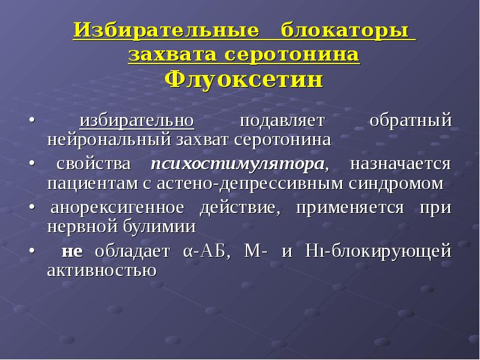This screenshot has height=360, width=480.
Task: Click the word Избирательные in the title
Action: [x=166, y=31]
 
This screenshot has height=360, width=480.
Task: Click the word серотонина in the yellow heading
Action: [x=292, y=56]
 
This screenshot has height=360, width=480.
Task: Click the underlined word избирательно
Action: [x=137, y=120]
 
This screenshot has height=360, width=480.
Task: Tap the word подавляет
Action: [x=281, y=121]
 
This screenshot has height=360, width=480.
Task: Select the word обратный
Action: [x=410, y=120]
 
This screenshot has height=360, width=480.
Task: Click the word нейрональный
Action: [x=109, y=140]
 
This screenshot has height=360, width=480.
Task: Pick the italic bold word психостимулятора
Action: [x=238, y=164]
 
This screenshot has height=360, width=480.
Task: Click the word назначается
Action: [x=400, y=164]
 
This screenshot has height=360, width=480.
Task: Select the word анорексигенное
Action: [x=117, y=208]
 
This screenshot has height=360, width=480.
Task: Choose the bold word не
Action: [x=72, y=251]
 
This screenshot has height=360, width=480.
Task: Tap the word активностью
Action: [x=102, y=271]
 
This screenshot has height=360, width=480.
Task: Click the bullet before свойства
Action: [x=32, y=164]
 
